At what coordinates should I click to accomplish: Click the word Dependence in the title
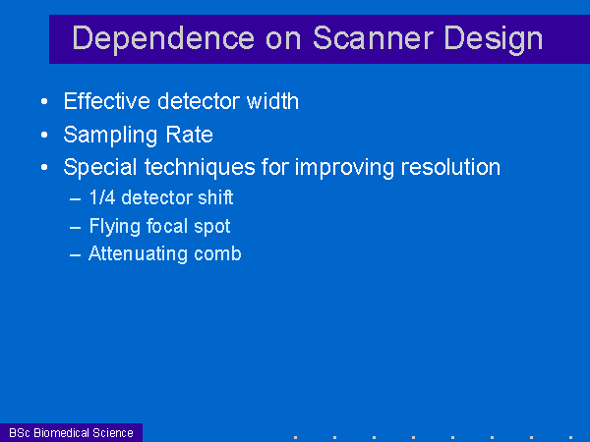point(163,38)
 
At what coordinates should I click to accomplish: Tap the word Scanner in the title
point(373,37)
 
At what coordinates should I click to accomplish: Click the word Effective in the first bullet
point(106,101)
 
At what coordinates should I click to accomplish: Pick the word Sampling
point(110,136)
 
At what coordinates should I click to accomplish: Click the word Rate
point(189,135)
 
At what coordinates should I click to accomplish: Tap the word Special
point(99,168)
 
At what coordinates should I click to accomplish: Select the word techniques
point(200,168)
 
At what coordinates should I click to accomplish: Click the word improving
point(344,168)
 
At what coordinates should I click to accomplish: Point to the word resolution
point(450,167)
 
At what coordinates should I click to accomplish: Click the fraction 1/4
point(102,197)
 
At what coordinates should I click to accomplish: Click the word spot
point(211,228)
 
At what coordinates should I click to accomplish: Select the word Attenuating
point(138,254)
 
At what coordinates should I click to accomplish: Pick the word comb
point(217,253)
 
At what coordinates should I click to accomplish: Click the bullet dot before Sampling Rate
point(44,135)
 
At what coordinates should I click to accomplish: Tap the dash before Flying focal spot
point(76,228)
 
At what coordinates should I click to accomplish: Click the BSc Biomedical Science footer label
point(71,433)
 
